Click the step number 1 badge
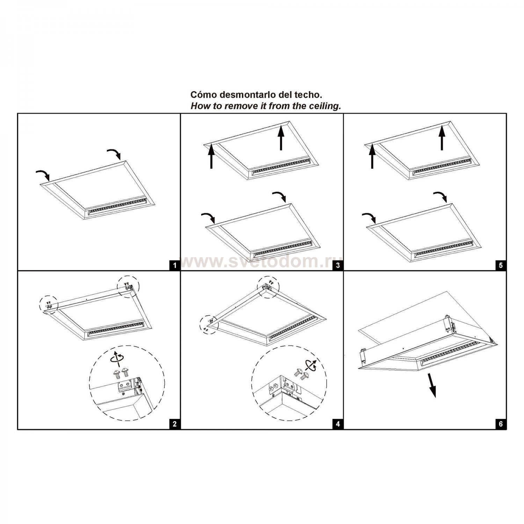click(175, 265)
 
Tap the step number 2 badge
click(175, 424)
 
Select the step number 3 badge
click(338, 265)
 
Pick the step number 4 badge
click(338, 424)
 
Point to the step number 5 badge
click(501, 265)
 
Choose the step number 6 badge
click(501, 424)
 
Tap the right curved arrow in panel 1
click(114, 153)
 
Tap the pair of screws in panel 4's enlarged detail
click(301, 374)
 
